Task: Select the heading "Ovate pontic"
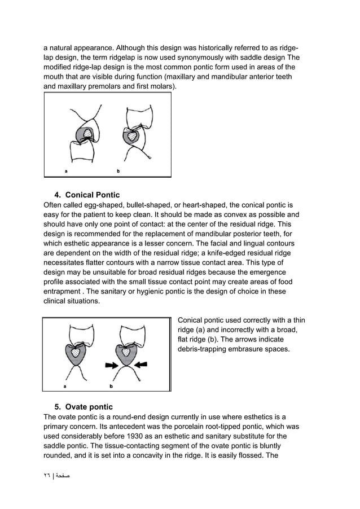89,407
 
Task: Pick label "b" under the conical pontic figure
111,386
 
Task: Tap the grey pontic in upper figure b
133,137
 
